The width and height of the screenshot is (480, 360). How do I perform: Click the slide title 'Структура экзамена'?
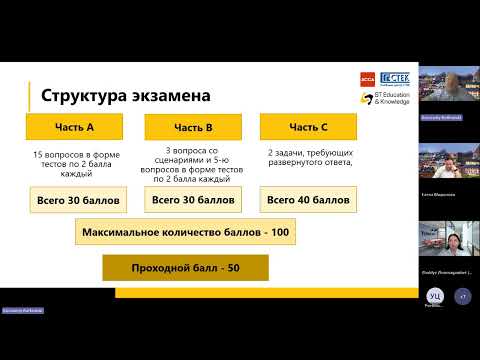coord(125,97)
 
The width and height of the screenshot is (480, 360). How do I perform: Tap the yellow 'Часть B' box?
coord(193,127)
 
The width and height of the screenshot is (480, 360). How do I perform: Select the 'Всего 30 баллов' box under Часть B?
coord(193,199)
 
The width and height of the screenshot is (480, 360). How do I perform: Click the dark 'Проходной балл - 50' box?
coord(185,268)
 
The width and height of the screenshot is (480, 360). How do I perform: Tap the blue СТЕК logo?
coord(393,80)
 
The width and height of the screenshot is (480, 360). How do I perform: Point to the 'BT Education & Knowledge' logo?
coord(390,99)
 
